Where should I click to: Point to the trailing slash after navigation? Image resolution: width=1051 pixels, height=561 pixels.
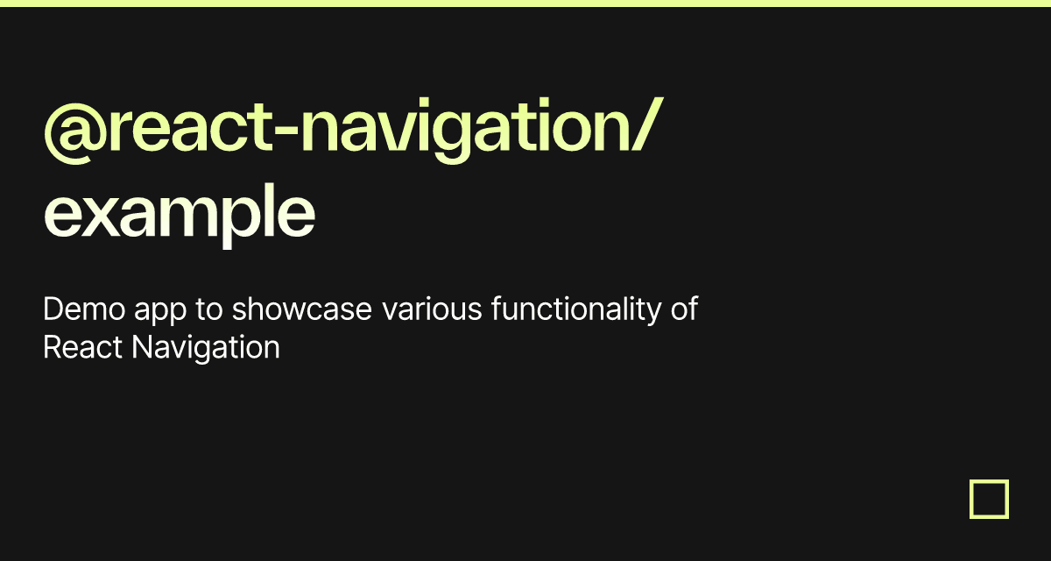click(647, 124)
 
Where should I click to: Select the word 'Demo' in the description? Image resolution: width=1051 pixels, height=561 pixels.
click(84, 309)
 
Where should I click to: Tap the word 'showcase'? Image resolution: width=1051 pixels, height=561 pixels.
click(301, 309)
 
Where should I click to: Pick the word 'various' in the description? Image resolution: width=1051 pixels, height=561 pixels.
click(432, 309)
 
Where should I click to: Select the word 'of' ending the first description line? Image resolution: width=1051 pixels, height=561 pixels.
click(685, 309)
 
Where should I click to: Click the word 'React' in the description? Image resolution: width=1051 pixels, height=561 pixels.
click(82, 348)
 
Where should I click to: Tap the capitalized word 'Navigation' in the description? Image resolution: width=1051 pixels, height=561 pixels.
click(206, 350)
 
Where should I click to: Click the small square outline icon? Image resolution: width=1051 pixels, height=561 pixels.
click(989, 481)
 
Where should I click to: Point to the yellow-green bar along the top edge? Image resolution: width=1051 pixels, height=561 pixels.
click(525, 4)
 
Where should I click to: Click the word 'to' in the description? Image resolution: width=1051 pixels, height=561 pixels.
click(208, 310)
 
